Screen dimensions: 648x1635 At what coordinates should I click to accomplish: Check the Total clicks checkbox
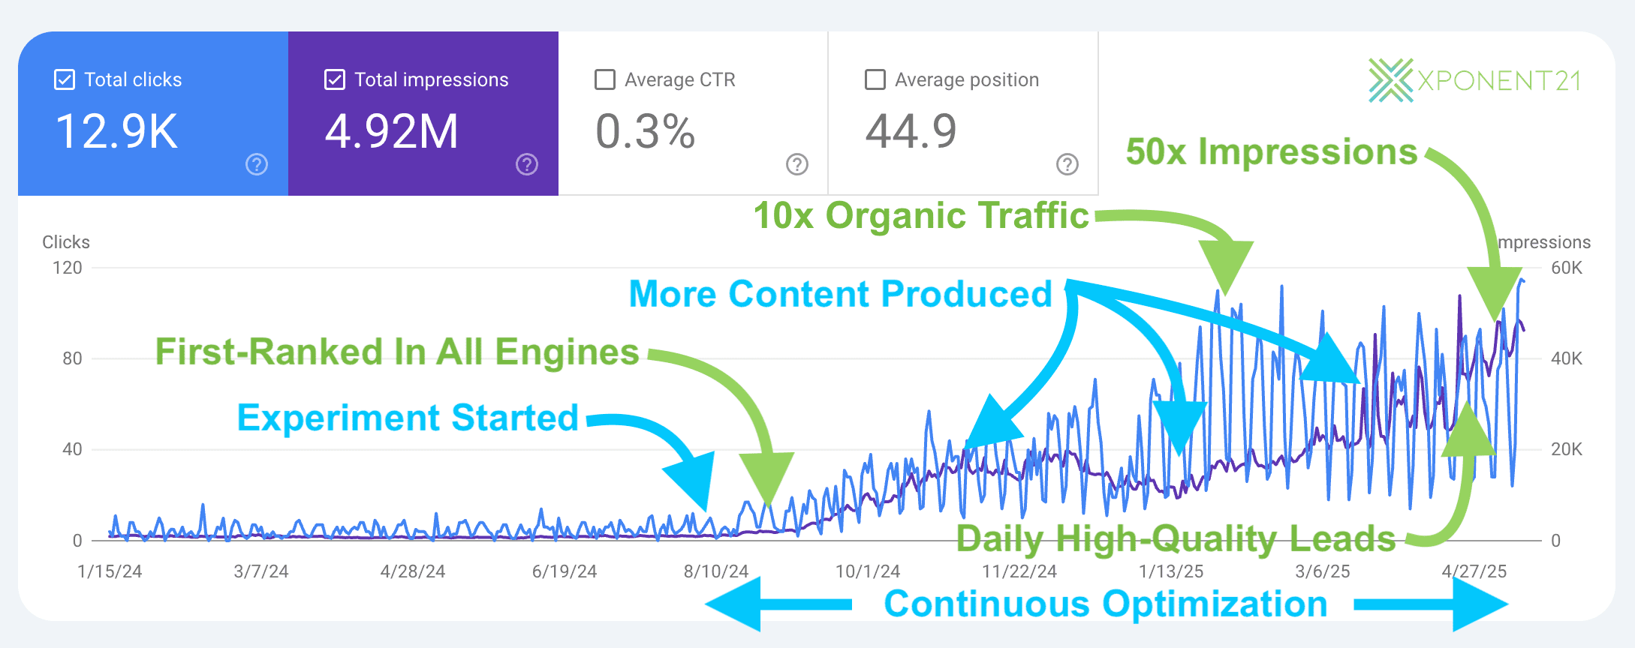click(65, 79)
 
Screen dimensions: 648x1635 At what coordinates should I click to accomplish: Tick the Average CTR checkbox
click(604, 79)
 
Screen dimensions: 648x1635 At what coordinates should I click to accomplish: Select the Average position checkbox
click(875, 79)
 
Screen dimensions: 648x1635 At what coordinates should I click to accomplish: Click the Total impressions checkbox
click(334, 79)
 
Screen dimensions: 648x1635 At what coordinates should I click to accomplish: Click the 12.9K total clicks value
click(117, 132)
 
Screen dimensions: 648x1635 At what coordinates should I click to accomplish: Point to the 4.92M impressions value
click(391, 132)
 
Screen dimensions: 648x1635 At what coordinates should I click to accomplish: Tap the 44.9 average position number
click(911, 132)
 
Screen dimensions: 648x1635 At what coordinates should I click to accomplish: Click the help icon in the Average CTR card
click(796, 164)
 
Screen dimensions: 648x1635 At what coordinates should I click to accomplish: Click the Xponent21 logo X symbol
click(1390, 80)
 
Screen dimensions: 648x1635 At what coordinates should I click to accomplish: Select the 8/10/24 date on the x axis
click(715, 571)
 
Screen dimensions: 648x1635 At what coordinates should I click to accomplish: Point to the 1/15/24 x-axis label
click(110, 571)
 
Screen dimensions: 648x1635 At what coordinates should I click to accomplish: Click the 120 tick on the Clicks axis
click(68, 268)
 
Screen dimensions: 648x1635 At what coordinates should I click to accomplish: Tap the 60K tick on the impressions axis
click(1566, 268)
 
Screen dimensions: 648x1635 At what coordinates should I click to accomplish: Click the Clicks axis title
click(66, 242)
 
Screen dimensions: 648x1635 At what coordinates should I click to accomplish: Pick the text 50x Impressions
click(1271, 151)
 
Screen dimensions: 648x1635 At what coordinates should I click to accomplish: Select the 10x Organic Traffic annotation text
click(921, 216)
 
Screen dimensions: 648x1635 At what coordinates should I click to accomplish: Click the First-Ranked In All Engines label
click(397, 352)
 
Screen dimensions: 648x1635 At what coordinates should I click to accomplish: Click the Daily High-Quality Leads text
click(1176, 538)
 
